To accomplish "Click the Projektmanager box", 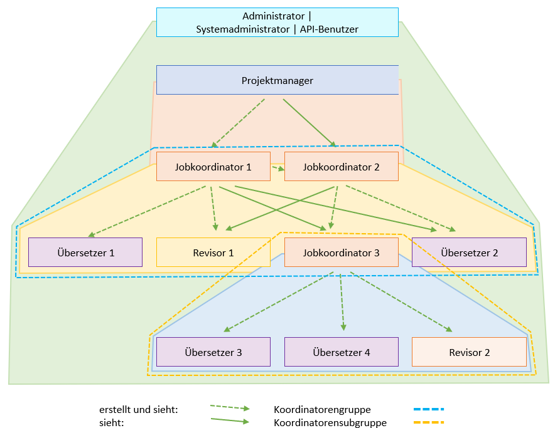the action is click(x=277, y=80).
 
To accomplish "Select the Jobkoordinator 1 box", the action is click(x=213, y=167).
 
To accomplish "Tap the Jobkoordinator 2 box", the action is click(x=342, y=167).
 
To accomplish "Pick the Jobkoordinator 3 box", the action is click(x=342, y=253).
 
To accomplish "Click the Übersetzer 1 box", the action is click(x=85, y=253).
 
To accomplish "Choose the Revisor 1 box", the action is click(x=213, y=253).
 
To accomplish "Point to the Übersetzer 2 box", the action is click(x=470, y=253).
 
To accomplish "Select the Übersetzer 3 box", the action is click(x=213, y=352).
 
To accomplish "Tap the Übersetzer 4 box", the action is click(x=342, y=352).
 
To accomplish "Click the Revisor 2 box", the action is click(x=470, y=352).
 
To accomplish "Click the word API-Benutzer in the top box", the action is click(x=329, y=29).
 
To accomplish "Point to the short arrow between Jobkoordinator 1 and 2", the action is click(x=278, y=168).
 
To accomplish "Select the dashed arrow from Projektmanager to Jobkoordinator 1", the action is click(x=238, y=123).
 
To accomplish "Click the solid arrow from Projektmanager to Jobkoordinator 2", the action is click(x=310, y=123).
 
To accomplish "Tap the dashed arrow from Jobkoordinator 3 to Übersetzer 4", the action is click(x=342, y=302).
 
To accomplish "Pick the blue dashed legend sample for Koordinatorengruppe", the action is click(x=429, y=409).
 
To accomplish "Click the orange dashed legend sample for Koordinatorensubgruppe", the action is click(x=429, y=422).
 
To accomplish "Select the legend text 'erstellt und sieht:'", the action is click(x=139, y=410).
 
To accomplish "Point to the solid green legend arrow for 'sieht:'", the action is click(x=230, y=420).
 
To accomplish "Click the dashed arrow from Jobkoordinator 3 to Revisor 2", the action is click(x=401, y=302).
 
